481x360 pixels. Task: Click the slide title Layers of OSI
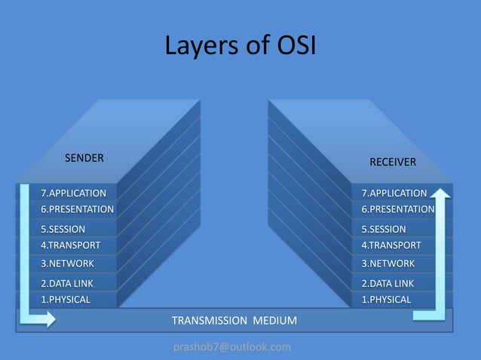pyautogui.click(x=240, y=47)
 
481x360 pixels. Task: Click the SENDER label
pyautogui.click(x=84, y=158)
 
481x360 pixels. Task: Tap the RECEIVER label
pyautogui.click(x=392, y=162)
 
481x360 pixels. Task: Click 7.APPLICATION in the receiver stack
pyautogui.click(x=394, y=194)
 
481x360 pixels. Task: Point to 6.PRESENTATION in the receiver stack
pyautogui.click(x=397, y=209)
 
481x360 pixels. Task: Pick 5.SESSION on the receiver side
pyautogui.click(x=383, y=229)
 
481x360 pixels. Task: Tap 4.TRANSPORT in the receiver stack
pyautogui.click(x=391, y=245)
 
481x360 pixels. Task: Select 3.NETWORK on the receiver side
pyautogui.click(x=388, y=264)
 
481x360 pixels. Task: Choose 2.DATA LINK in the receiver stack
pyautogui.click(x=388, y=283)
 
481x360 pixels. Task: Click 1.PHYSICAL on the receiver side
pyautogui.click(x=386, y=299)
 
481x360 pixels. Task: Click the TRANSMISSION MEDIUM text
pyautogui.click(x=234, y=321)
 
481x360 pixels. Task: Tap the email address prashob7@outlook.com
pyautogui.click(x=232, y=346)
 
